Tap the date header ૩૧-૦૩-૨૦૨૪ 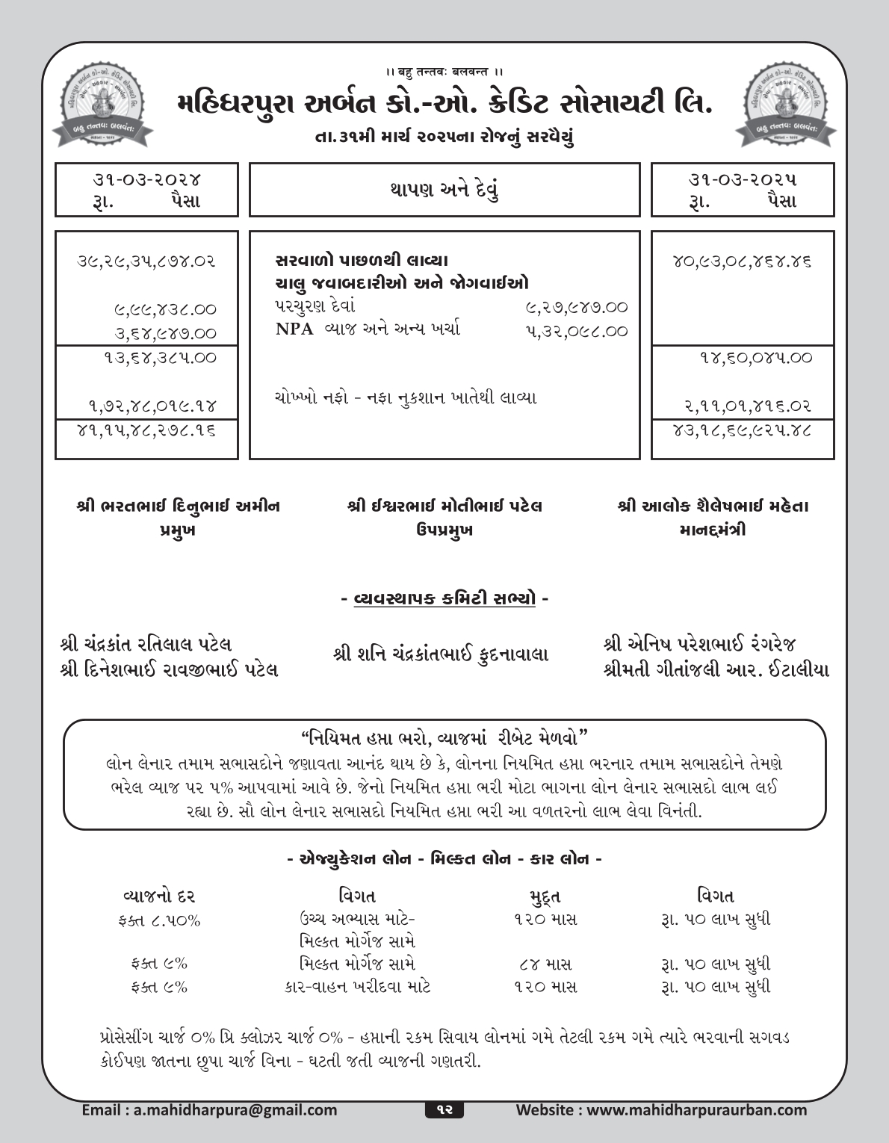(x=146, y=180)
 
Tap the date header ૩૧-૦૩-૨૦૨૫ (x=742, y=180)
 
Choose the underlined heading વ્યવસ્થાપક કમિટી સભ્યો (x=444, y=599)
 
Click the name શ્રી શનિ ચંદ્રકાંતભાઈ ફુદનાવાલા (x=441, y=655)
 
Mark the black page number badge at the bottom (x=444, y=1110)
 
